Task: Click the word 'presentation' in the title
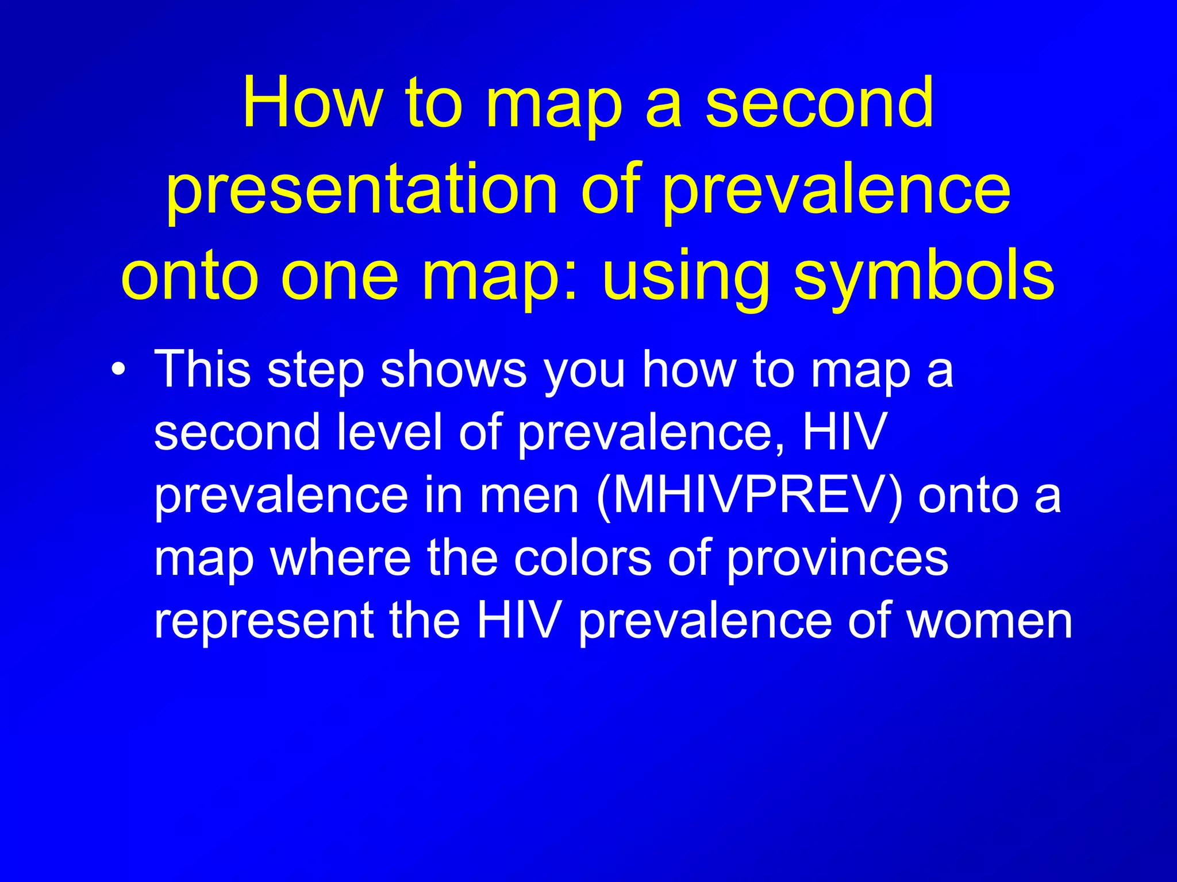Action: tap(361, 189)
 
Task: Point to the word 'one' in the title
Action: tap(339, 276)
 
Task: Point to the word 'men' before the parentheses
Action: tap(529, 495)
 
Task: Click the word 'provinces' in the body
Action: tap(837, 558)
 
